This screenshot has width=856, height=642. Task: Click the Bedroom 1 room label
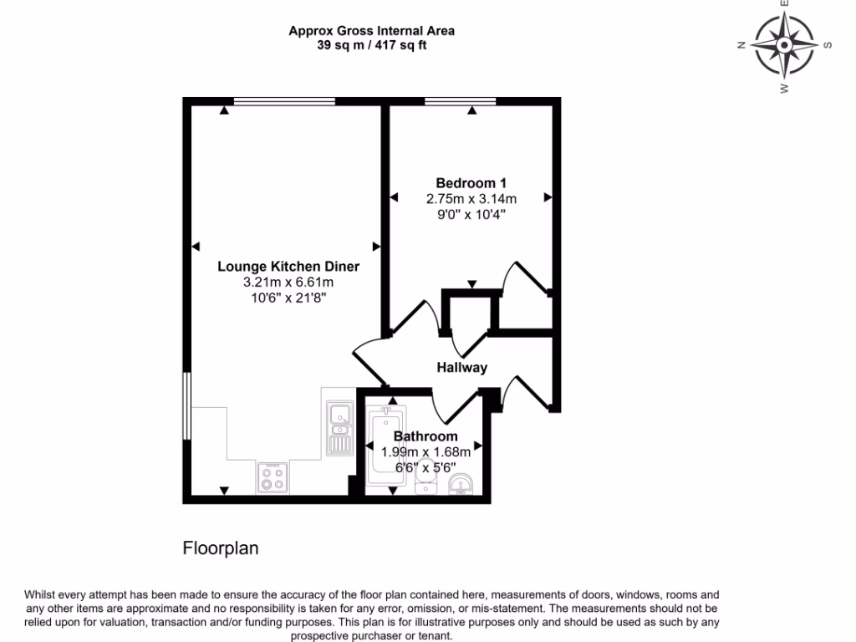pyautogui.click(x=471, y=183)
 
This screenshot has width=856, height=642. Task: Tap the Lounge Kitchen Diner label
pyautogui.click(x=288, y=267)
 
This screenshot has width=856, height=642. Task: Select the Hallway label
pyautogui.click(x=461, y=367)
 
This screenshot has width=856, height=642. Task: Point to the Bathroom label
pyautogui.click(x=425, y=436)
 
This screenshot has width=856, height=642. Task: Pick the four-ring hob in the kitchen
pyautogui.click(x=272, y=477)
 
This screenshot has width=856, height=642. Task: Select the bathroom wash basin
pyautogui.click(x=461, y=484)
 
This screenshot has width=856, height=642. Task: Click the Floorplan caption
pyautogui.click(x=221, y=548)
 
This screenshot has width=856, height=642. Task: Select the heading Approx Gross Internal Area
pyautogui.click(x=371, y=31)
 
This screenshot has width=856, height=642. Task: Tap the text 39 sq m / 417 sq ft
pyautogui.click(x=371, y=45)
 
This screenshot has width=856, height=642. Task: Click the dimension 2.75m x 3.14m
pyautogui.click(x=471, y=199)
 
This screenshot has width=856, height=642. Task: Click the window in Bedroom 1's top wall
pyautogui.click(x=459, y=102)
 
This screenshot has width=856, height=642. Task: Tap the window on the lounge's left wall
pyautogui.click(x=187, y=405)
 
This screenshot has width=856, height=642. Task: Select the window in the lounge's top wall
pyautogui.click(x=284, y=102)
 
